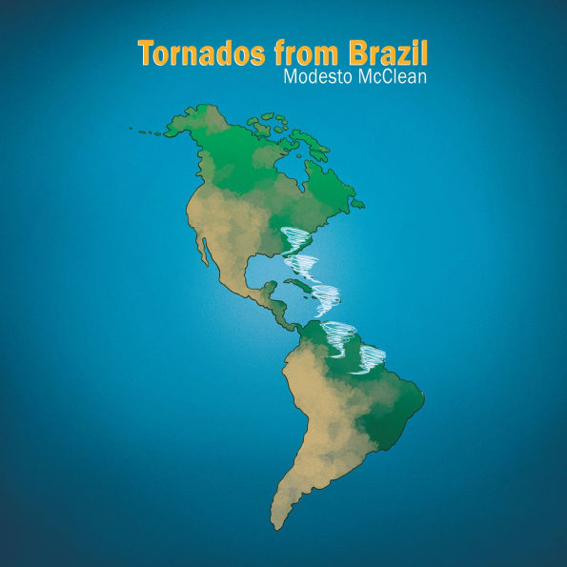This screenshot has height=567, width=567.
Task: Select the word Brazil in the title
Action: [x=387, y=53]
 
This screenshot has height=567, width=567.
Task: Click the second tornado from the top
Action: [x=305, y=264]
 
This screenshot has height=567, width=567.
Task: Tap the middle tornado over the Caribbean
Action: [x=324, y=296]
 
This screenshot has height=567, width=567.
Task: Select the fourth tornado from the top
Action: [x=339, y=333]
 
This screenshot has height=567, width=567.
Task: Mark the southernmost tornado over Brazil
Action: [x=367, y=359]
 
